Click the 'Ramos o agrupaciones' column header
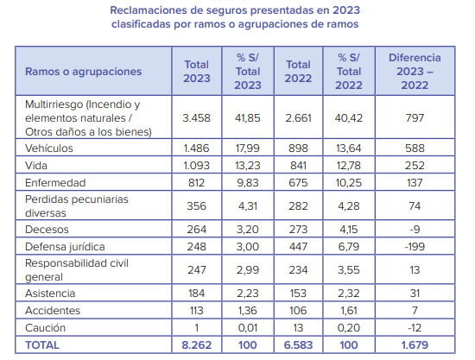83,72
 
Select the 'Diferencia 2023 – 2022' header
415,72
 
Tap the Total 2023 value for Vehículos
196,148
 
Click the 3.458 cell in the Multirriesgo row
196,117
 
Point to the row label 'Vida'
36,165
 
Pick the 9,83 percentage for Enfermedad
248,182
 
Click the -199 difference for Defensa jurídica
415,246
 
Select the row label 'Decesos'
47,229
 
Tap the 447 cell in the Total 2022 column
298,246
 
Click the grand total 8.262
196,344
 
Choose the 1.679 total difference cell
415,344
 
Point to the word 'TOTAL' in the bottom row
42,344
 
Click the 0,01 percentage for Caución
248,327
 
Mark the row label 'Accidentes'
53,310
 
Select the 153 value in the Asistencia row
298,293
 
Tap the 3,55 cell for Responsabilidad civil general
349,269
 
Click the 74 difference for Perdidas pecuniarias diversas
415,205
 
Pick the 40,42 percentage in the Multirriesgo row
349,117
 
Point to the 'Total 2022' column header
298,72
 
